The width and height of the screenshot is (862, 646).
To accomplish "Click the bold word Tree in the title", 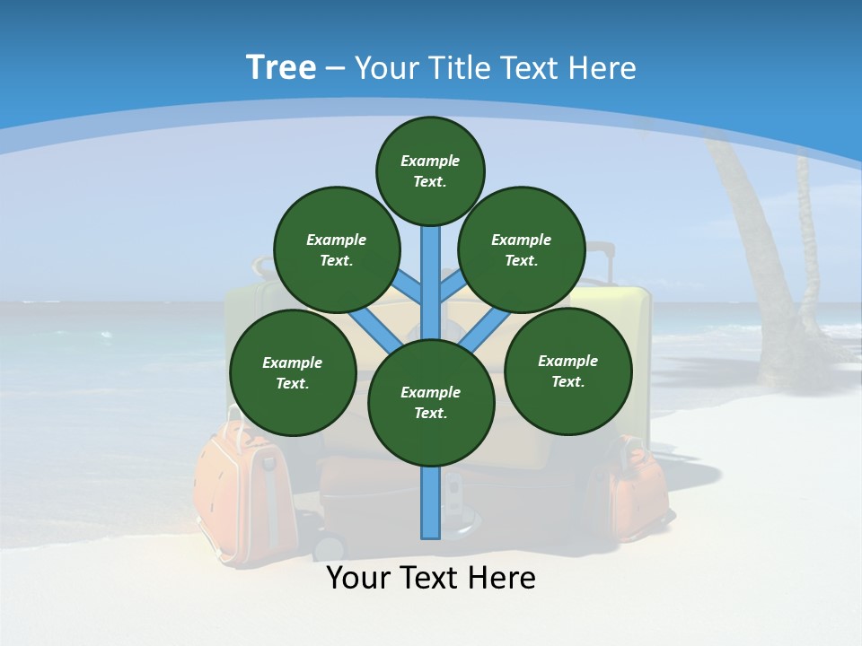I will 281,68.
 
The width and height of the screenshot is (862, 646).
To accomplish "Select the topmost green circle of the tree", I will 430,170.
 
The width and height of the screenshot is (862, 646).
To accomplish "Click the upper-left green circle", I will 337,249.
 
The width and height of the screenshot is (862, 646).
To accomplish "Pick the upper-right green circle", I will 522,249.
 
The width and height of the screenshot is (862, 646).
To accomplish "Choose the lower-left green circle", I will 293,372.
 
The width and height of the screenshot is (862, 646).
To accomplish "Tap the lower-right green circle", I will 568,371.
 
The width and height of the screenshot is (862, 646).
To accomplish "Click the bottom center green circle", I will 431,402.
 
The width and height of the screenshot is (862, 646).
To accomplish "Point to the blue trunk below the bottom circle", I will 431,502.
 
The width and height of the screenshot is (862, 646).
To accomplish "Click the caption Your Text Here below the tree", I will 431,578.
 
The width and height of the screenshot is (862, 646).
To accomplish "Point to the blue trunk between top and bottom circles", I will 431,278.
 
